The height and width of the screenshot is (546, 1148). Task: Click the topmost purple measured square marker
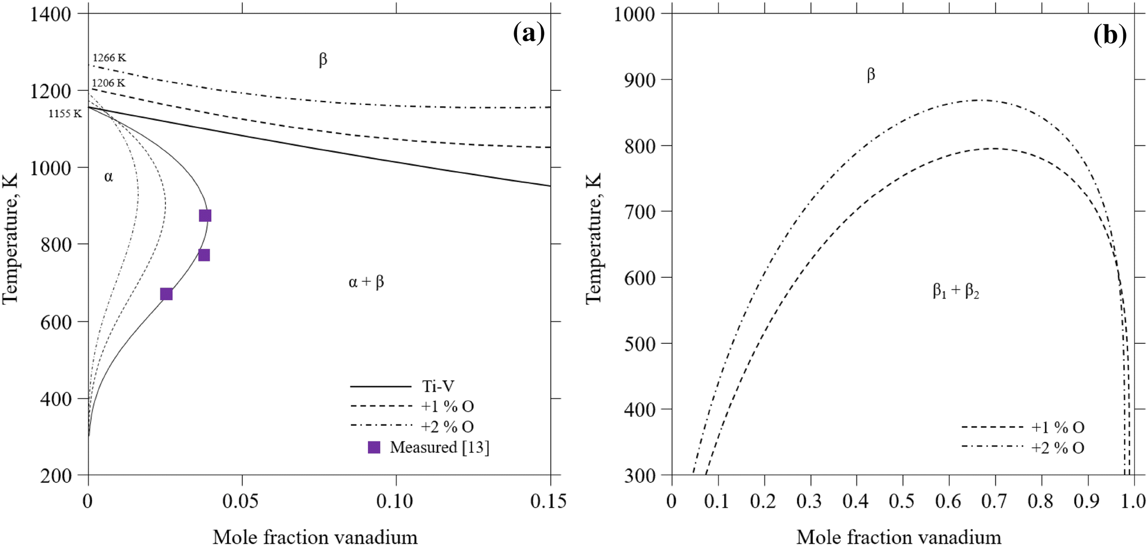pos(205,216)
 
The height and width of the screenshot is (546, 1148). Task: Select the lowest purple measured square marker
pos(166,294)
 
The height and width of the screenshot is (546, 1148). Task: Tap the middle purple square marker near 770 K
pos(204,255)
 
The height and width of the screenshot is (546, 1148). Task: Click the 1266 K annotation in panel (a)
pos(109,58)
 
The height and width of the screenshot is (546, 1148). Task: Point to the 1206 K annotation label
pos(108,83)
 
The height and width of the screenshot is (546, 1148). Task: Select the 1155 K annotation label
pos(65,113)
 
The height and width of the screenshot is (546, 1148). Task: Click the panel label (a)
pos(529,33)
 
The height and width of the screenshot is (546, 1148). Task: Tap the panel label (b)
pos(1110,36)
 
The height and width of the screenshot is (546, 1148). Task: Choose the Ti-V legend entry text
pos(438,386)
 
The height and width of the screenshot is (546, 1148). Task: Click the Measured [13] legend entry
pos(439,447)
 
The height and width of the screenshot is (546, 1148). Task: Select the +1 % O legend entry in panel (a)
pos(447,407)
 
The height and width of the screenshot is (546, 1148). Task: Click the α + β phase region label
pos(366,282)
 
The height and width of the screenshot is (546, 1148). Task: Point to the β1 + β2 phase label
pos(956,291)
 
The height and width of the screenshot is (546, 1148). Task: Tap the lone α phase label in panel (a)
pos(108,177)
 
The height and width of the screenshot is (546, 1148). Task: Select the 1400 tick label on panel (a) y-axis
pos(50,14)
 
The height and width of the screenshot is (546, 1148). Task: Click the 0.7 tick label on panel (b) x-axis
pos(994,501)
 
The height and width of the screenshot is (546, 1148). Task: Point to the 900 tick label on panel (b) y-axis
pos(642,80)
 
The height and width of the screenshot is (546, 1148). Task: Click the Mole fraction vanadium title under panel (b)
pos(898,536)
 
